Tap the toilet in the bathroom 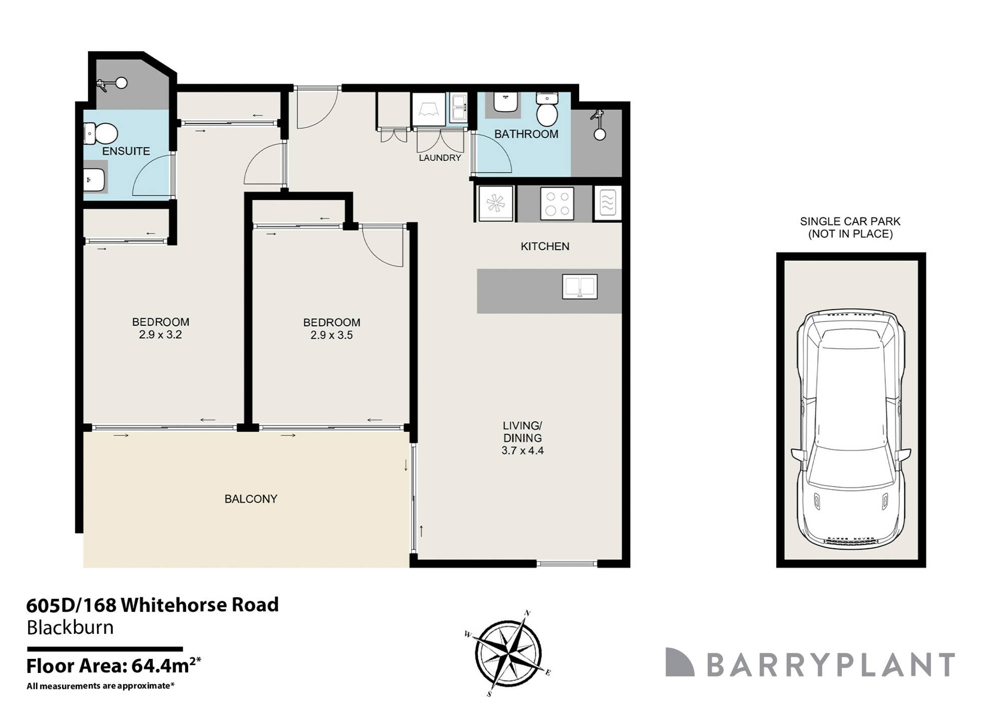[547, 111]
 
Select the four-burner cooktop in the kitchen [557, 203]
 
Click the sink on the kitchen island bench [580, 287]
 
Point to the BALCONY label [251, 499]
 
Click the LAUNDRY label [440, 158]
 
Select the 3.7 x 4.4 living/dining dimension [523, 450]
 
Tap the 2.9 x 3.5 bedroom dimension [331, 335]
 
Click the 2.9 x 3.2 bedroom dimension [160, 335]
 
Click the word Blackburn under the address [70, 627]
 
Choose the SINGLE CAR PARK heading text [850, 221]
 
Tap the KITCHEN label [545, 247]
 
